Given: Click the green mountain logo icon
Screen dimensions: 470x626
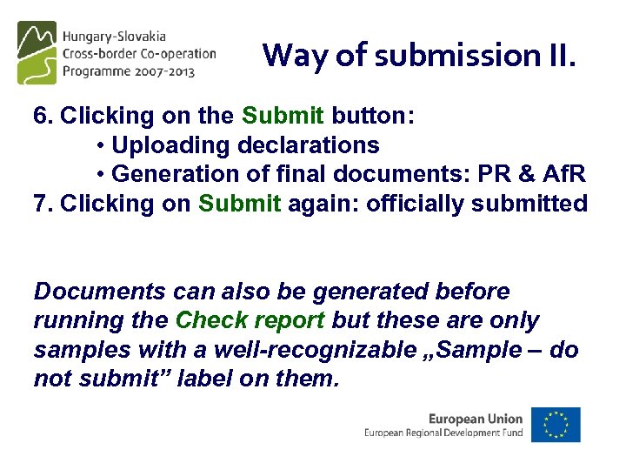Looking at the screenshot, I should [x=37, y=52].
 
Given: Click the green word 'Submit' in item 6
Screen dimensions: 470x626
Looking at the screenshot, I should [x=283, y=116].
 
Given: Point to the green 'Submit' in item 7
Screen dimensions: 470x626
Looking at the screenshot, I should [x=239, y=204].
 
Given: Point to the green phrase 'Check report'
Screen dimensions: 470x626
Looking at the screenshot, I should [x=250, y=320].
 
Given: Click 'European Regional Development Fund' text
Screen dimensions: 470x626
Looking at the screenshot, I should [x=443, y=433].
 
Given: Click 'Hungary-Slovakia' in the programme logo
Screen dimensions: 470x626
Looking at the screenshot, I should [x=114, y=37].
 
